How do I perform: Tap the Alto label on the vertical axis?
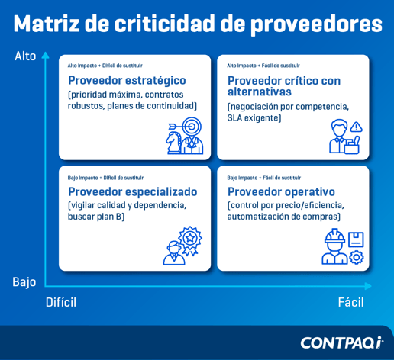[x=25, y=56]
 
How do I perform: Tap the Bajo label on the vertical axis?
[x=24, y=281]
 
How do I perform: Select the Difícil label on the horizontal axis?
[x=61, y=302]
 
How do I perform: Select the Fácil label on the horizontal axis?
[x=350, y=302]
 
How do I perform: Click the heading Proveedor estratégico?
[x=127, y=80]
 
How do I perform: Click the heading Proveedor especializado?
[x=133, y=191]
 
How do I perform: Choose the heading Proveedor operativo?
[x=281, y=191]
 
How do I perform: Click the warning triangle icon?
[x=356, y=127]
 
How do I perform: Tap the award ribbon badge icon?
[x=189, y=239]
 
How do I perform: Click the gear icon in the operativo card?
[x=356, y=257]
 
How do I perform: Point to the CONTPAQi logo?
[x=341, y=342]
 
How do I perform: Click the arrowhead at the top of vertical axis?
[x=45, y=54]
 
